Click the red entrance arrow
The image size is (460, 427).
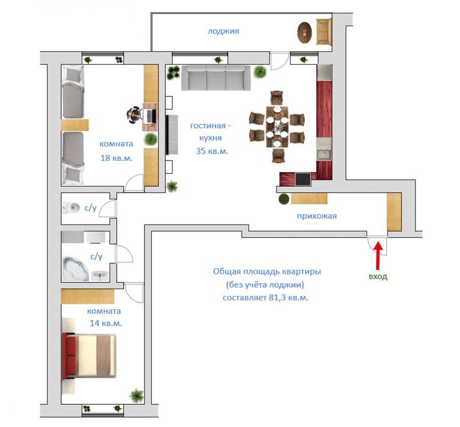[x=378, y=255]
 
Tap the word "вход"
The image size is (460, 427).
[x=378, y=276]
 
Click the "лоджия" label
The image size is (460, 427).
[x=223, y=31]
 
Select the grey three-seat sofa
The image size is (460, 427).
[x=216, y=77]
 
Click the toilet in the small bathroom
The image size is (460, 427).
[x=71, y=207]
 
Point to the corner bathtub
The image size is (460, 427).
[x=76, y=269]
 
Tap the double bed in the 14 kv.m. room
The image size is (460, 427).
[x=89, y=356]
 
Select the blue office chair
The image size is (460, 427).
[x=134, y=115]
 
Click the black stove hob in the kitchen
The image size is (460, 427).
[x=303, y=179]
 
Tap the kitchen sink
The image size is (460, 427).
[x=324, y=152]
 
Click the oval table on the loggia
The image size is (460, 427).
[x=304, y=32]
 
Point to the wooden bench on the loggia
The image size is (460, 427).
[x=323, y=31]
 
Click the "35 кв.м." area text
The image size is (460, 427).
[x=212, y=151]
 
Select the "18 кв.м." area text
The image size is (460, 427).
[x=117, y=158]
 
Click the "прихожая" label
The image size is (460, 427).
[x=317, y=216]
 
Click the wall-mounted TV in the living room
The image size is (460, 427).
[x=172, y=135]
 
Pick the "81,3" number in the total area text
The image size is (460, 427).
[x=277, y=298]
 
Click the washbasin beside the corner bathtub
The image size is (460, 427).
[x=99, y=276]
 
